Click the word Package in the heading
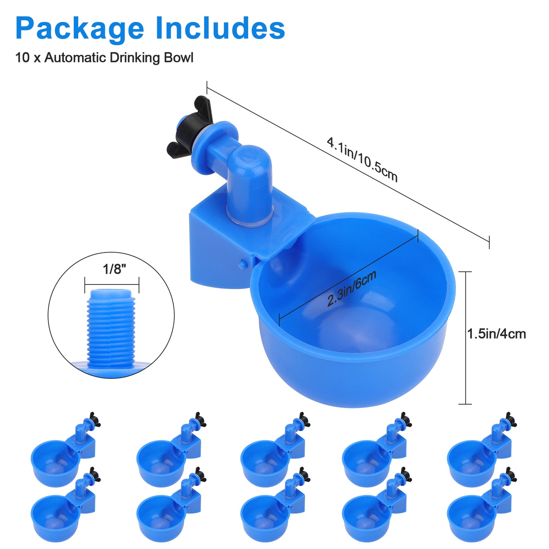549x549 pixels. (x=80, y=28)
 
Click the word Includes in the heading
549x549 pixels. (x=220, y=28)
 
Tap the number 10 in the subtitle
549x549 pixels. (x=22, y=58)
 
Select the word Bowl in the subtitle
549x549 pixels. (x=179, y=58)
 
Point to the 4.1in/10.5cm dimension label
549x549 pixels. (x=362, y=160)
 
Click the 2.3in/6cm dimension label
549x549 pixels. (x=352, y=288)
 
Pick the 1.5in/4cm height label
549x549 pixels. (x=497, y=334)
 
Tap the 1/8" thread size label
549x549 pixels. (x=114, y=269)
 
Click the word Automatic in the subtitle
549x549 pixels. (x=75, y=58)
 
